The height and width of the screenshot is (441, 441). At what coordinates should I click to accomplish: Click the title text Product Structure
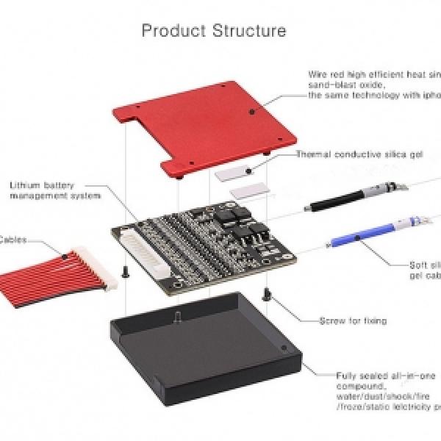[x=214, y=31]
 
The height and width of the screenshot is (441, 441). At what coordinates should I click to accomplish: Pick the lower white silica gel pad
[x=245, y=192]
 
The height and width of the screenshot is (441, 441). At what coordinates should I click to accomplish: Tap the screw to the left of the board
[x=126, y=271]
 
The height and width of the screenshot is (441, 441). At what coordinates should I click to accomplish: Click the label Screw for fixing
[x=353, y=320]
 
